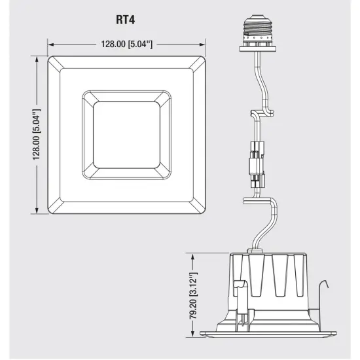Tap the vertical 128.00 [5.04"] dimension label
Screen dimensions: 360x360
point(37,135)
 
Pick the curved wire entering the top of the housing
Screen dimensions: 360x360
point(262,229)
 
